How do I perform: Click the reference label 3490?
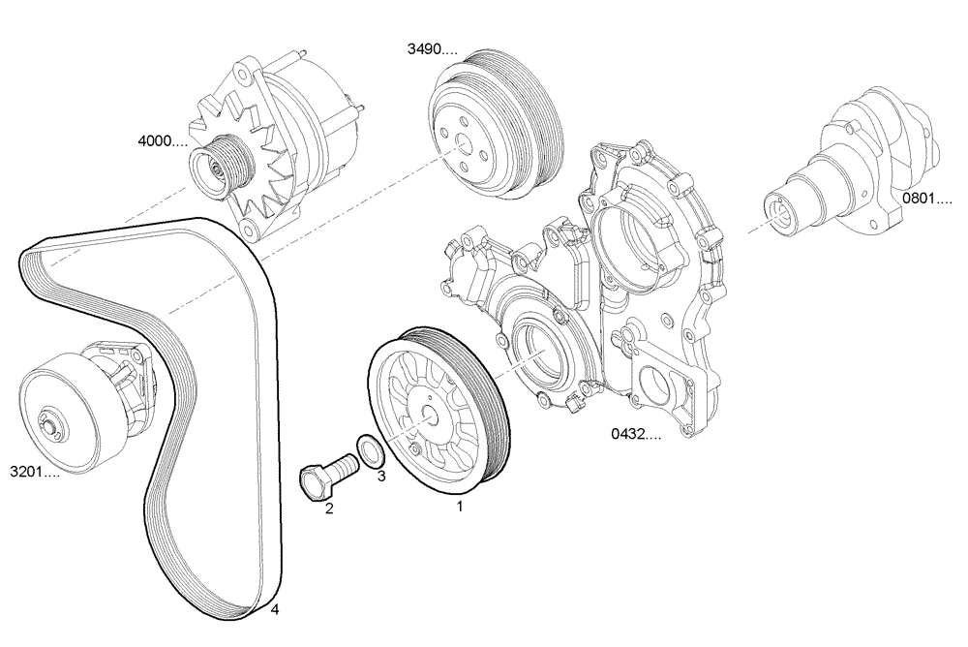[431, 48]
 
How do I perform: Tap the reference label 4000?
[162, 141]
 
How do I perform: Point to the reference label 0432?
[635, 435]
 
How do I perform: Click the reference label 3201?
[35, 474]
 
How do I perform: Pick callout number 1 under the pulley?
[460, 505]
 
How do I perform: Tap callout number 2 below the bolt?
[329, 508]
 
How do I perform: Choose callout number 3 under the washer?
[381, 476]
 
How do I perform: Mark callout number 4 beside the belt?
[276, 609]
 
